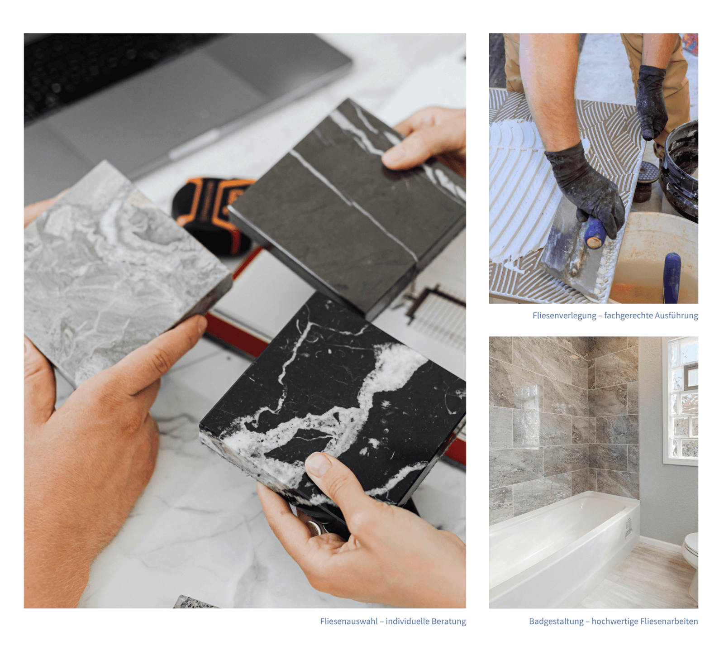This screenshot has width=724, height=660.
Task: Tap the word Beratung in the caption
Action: [x=448, y=622]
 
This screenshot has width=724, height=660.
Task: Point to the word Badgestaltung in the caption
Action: [x=556, y=622]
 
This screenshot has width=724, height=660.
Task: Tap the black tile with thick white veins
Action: [x=335, y=403]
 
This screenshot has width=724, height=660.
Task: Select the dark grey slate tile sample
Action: [x=348, y=208]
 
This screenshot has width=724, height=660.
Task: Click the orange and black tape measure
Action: [x=213, y=213]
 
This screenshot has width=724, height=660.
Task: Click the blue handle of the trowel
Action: [x=594, y=233]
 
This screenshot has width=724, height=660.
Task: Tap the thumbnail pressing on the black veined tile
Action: [x=319, y=464]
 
